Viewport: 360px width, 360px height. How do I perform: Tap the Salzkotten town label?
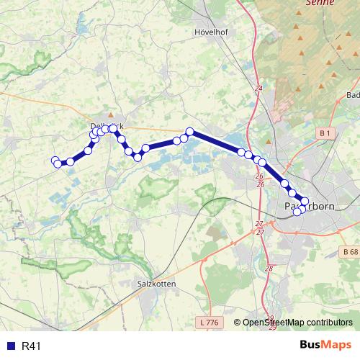(x=156, y=284)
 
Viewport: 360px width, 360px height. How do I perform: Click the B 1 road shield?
(x=325, y=133)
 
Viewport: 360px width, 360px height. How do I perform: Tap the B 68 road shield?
(x=349, y=251)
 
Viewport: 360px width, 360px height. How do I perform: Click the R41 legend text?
(x=32, y=346)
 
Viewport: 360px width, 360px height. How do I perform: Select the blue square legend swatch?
(x=10, y=346)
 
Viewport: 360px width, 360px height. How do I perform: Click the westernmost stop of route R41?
(x=55, y=160)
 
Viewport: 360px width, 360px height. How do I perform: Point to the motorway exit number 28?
(x=270, y=269)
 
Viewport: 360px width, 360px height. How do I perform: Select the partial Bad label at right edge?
(x=353, y=94)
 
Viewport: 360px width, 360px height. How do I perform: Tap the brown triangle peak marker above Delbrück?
(x=110, y=114)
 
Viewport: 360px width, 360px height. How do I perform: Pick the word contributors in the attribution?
(x=328, y=323)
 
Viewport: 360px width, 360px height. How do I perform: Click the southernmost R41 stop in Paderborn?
(x=297, y=211)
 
